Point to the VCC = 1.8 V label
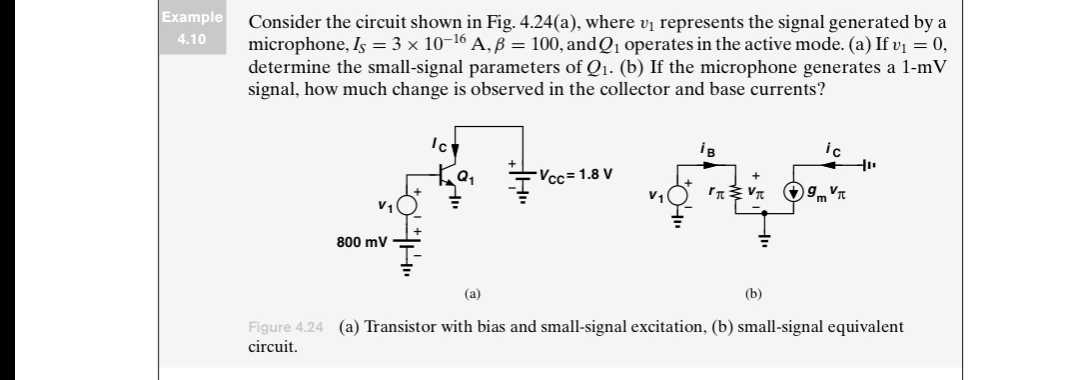point(575,175)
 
